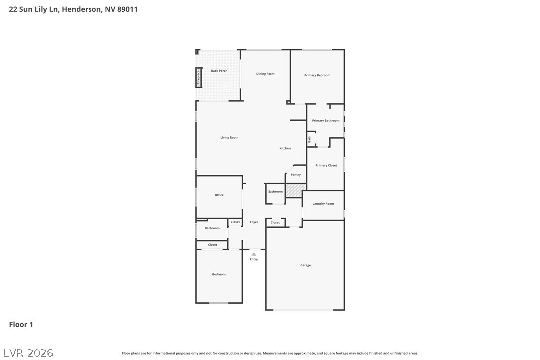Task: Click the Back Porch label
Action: coord(219,71)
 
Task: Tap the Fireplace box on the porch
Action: coord(199,78)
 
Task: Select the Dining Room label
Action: coord(265,74)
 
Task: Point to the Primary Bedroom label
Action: coord(317,75)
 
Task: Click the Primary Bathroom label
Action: coord(326,120)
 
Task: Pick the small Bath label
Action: coord(309,139)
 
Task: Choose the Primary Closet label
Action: coord(326,165)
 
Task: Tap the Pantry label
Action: coord(296,175)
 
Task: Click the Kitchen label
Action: coord(285,148)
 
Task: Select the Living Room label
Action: coord(229,137)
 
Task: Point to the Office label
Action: coord(219,195)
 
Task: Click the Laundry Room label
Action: coord(323,203)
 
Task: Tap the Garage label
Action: coord(305,265)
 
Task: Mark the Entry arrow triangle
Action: coord(254,254)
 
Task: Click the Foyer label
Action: coord(254,222)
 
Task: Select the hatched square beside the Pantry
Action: coord(296,191)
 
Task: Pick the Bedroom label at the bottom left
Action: coord(219,274)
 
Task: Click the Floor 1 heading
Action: coord(21,324)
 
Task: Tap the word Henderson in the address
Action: coord(82,9)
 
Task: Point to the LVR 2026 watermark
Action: coord(28,353)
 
